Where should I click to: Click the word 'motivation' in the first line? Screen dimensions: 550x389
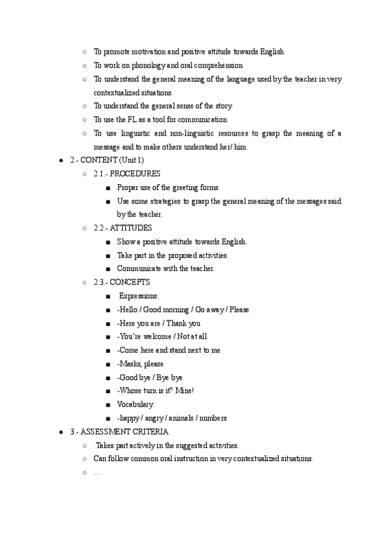(x=140, y=51)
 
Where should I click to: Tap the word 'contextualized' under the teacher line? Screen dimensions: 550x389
(x=115, y=92)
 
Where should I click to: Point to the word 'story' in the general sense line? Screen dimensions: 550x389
(x=222, y=106)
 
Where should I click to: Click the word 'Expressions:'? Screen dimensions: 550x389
(x=138, y=296)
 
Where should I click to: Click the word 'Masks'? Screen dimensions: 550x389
(x=132, y=364)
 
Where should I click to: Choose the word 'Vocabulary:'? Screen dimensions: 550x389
(x=136, y=405)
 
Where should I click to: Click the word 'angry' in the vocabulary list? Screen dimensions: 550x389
(x=156, y=418)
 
